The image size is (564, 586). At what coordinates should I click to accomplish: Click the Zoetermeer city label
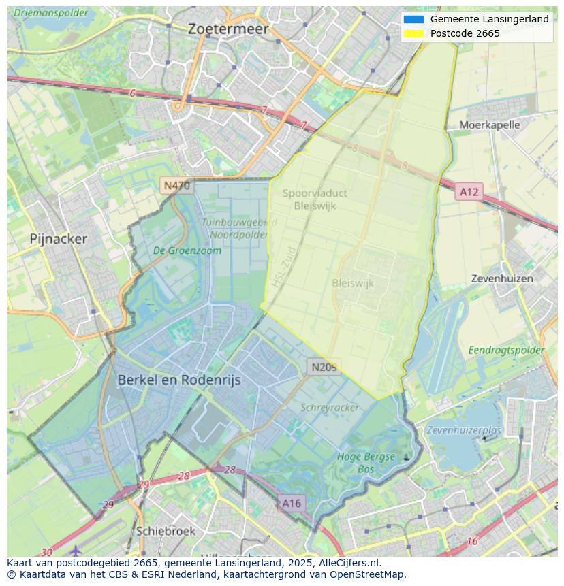tap(228, 29)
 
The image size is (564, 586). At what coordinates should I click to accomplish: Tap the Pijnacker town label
tap(59, 239)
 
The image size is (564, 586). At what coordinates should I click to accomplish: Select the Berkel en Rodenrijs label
tap(179, 380)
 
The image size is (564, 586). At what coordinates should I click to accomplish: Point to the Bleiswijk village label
tap(353, 284)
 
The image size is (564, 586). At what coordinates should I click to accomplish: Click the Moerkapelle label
tap(489, 125)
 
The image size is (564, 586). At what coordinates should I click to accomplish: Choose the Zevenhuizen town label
tap(502, 279)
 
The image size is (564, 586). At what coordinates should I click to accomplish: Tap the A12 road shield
tap(469, 192)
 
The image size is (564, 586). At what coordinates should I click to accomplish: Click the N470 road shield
tap(176, 185)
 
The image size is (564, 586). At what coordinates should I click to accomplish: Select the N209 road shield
tap(324, 367)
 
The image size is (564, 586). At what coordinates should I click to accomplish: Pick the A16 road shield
tap(291, 503)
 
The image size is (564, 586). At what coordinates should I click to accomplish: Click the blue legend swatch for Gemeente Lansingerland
tap(413, 20)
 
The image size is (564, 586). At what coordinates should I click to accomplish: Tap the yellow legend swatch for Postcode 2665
tap(413, 33)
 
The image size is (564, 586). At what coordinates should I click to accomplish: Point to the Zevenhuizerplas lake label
tap(464, 430)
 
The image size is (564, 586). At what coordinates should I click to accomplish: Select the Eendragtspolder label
tap(506, 351)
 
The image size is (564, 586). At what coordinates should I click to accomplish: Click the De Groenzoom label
tap(187, 250)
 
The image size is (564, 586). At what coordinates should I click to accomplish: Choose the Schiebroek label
tap(166, 531)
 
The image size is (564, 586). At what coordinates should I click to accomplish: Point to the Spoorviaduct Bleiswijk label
tap(315, 199)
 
